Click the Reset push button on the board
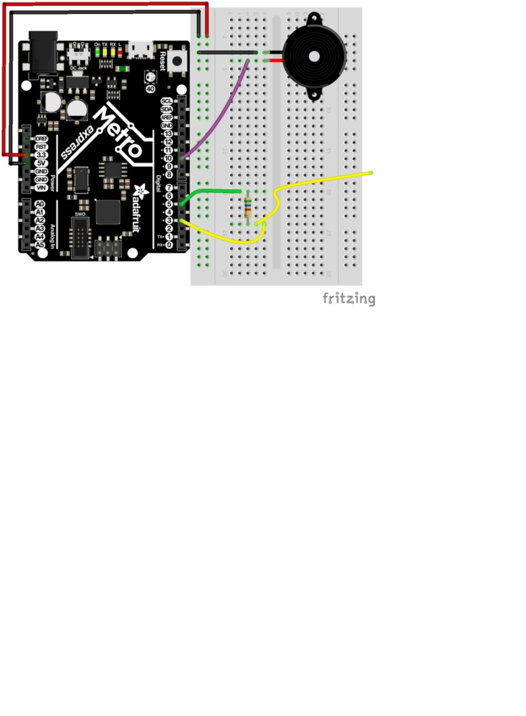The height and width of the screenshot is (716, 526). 177,60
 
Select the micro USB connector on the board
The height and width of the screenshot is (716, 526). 141,50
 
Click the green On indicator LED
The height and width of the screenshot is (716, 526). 98,52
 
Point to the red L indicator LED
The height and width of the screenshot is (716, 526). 120,52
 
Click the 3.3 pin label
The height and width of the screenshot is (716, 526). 41,155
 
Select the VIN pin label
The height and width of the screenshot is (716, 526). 41,188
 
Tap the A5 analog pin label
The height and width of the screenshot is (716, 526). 40,245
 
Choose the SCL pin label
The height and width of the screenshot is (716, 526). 166,101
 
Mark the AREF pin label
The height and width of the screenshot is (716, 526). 166,117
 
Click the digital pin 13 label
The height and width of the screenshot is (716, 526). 168,133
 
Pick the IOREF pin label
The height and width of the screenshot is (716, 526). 41,139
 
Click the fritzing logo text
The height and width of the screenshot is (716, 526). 349,299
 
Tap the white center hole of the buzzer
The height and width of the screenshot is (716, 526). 314,56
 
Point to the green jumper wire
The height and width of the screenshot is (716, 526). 211,192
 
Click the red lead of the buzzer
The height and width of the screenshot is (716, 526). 276,61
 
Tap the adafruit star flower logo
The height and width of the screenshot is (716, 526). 140,190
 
